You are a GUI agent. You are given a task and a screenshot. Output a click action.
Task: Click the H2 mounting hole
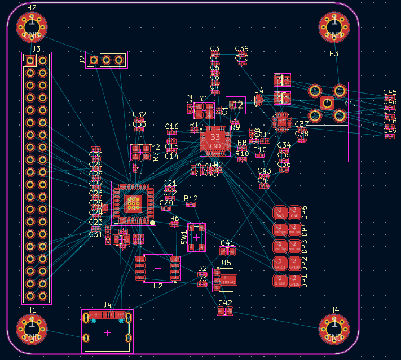coord(32,26)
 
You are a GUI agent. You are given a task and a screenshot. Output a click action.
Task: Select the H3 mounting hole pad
coord(334,26)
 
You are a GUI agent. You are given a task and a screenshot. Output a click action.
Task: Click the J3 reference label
coord(36,49)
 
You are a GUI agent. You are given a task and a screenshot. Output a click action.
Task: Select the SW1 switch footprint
coord(196,237)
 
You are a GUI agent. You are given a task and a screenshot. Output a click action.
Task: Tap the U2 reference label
coord(158,286)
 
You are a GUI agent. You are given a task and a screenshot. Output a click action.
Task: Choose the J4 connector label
coord(107,305)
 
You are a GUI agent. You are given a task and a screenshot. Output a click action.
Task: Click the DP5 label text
coord(305,213)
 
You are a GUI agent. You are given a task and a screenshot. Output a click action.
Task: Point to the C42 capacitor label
coord(226,303)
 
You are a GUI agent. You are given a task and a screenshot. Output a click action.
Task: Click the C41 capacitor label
coord(227,243)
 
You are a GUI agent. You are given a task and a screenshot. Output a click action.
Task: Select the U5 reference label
coord(226,263)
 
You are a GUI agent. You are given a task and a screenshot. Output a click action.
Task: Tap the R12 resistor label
coord(191,198)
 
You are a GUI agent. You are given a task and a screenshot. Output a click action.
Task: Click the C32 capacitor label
coord(139,115)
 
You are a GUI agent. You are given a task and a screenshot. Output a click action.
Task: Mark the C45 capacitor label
coord(390,92)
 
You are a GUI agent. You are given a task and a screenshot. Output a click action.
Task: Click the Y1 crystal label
coord(204,99)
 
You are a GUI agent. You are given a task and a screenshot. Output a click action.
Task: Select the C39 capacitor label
coord(241,48)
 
